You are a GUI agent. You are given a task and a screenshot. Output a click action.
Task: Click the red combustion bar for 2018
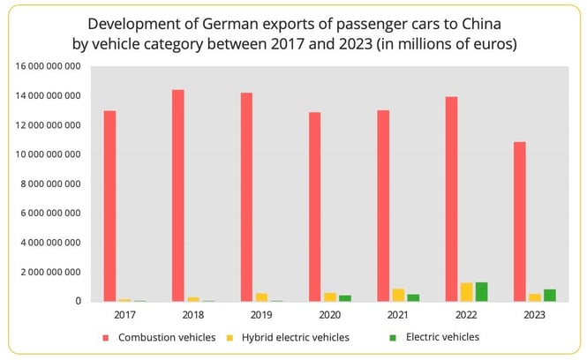click(177, 195)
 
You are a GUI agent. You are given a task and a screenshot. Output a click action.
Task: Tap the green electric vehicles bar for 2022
click(481, 292)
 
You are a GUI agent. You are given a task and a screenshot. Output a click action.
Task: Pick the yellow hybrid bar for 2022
click(465, 292)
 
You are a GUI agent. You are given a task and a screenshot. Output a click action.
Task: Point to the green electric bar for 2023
click(550, 296)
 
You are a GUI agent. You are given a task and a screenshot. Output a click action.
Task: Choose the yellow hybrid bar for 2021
click(397, 296)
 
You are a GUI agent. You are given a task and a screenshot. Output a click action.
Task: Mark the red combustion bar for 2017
click(109, 206)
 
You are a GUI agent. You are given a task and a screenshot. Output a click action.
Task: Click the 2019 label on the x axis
click(261, 314)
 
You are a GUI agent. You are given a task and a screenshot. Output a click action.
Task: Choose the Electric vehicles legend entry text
click(442, 337)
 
